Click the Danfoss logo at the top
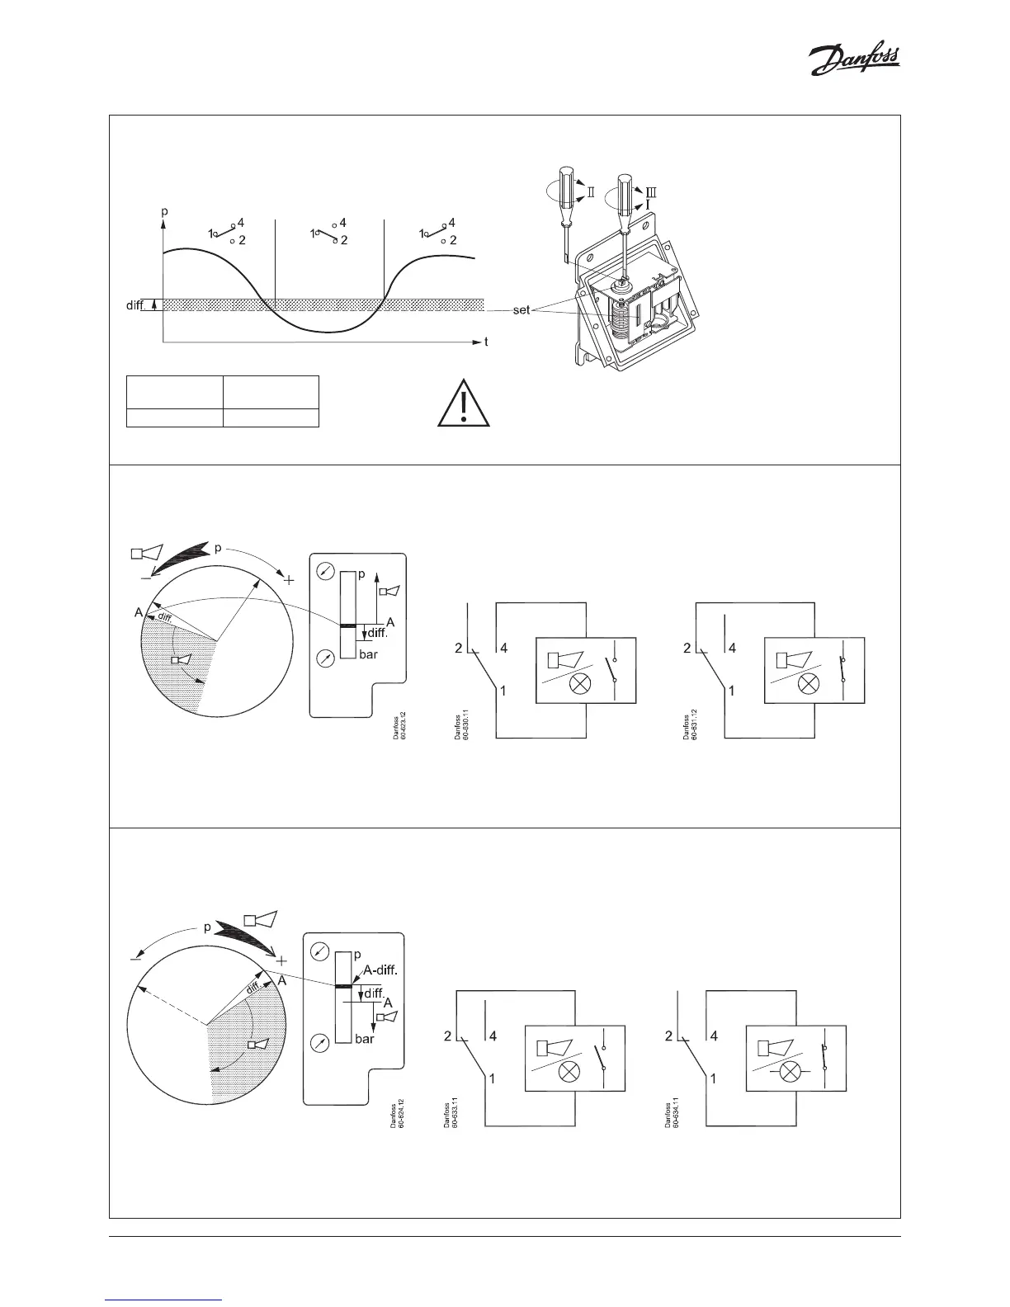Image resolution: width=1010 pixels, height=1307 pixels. coord(853,61)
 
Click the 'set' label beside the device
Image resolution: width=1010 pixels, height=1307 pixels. coord(522,310)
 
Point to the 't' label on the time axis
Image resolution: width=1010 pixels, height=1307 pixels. coord(486,342)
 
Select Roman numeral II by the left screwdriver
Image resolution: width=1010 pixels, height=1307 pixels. coord(591,192)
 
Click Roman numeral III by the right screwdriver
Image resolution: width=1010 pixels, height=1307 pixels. coord(653,191)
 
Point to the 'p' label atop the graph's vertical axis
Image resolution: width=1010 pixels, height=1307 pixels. coord(164,211)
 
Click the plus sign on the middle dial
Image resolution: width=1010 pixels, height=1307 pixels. coord(289,580)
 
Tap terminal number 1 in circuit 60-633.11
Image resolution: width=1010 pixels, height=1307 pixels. coord(493,1078)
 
